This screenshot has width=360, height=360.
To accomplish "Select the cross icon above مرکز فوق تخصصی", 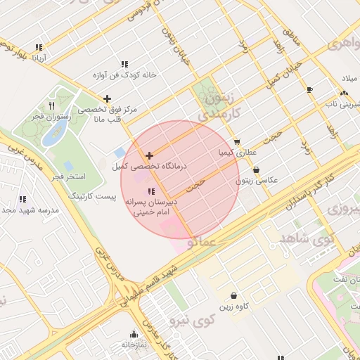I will (107, 98).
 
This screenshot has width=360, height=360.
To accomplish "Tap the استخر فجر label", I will (68, 174).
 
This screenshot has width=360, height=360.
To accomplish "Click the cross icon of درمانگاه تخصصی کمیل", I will (149, 155).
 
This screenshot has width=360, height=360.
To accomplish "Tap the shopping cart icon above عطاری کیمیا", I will (237, 141).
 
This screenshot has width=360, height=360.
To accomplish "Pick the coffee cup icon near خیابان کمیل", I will (309, 89).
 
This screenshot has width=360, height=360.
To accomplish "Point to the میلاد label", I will (349, 77).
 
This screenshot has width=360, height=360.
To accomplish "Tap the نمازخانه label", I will (134, 345).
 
